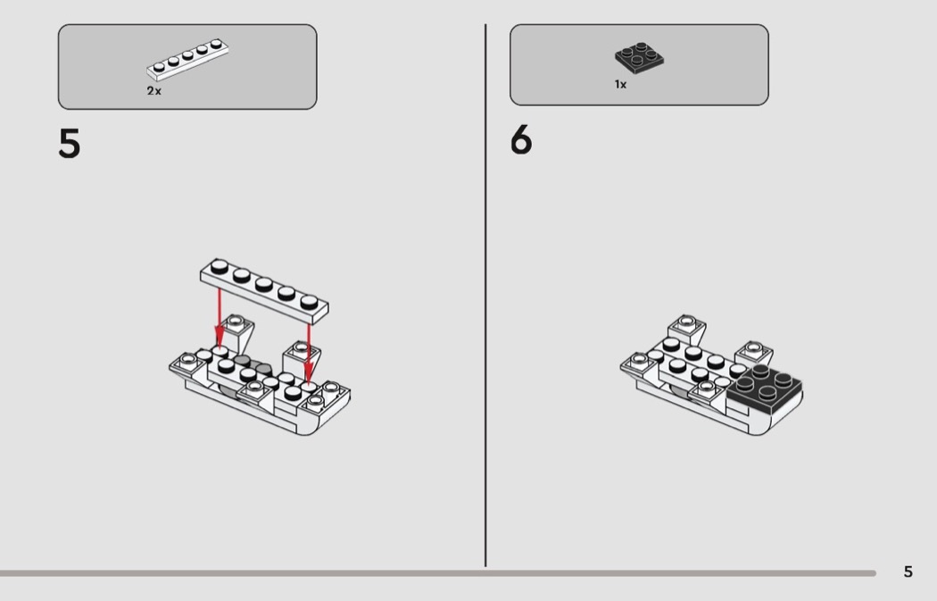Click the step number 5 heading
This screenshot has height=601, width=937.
(x=70, y=144)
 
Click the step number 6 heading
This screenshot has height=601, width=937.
(x=521, y=140)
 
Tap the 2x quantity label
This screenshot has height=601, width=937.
(x=153, y=91)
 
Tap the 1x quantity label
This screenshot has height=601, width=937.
(x=620, y=84)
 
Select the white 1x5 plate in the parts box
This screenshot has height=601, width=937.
(x=187, y=59)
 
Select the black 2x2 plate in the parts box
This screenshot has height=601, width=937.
(x=640, y=57)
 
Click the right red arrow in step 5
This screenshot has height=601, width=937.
(x=309, y=353)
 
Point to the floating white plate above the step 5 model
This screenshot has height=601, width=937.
(x=264, y=290)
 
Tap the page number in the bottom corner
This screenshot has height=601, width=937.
(x=908, y=572)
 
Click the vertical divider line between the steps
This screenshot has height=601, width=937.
(x=485, y=295)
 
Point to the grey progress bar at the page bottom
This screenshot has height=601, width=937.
(x=438, y=573)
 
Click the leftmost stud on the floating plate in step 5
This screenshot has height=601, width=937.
(x=220, y=265)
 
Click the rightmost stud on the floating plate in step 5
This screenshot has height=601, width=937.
(x=309, y=301)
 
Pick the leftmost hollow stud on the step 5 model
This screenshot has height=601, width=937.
(x=188, y=359)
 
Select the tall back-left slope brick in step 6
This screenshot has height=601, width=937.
(x=687, y=331)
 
